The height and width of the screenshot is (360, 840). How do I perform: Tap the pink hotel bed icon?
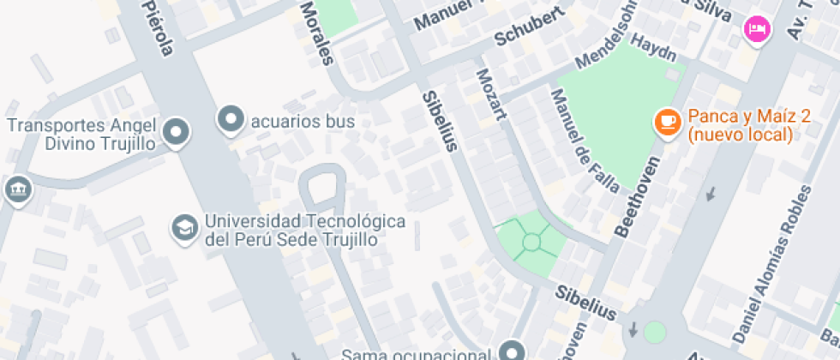757,29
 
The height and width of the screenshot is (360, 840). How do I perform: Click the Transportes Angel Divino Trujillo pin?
177,132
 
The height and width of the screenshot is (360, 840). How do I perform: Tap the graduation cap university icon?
184,227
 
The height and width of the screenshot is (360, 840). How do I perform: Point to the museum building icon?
16,190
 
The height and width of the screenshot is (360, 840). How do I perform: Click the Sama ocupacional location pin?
513,351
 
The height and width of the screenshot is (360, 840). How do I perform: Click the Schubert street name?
531,27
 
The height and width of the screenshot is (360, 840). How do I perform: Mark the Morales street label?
315,33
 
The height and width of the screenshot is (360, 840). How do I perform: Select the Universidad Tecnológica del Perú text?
303,230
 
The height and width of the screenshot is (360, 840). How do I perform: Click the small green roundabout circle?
655,332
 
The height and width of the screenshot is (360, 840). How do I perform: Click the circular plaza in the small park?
532,242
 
